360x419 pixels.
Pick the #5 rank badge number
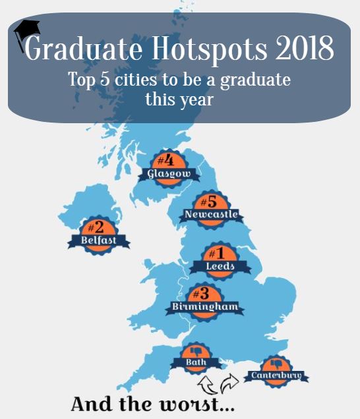[x=210, y=202]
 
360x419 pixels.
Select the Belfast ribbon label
[x=99, y=241]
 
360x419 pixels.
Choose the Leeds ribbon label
[x=220, y=267]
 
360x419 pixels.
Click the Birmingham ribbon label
[x=204, y=307]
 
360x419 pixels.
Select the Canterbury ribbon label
[x=276, y=376]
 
